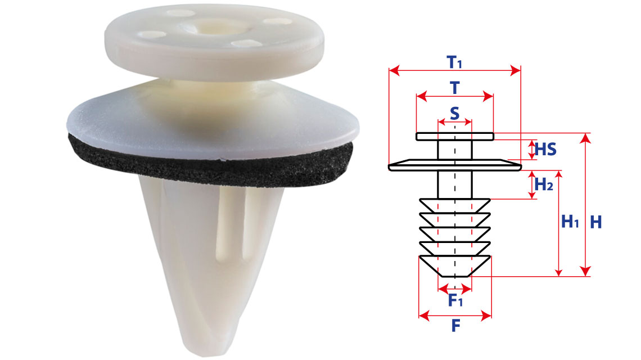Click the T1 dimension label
point(454,62)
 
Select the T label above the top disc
point(454,88)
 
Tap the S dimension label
point(454,113)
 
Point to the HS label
point(546,149)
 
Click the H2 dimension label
point(544,184)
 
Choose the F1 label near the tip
point(455,300)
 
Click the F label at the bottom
point(455,326)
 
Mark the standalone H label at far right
point(596,222)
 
